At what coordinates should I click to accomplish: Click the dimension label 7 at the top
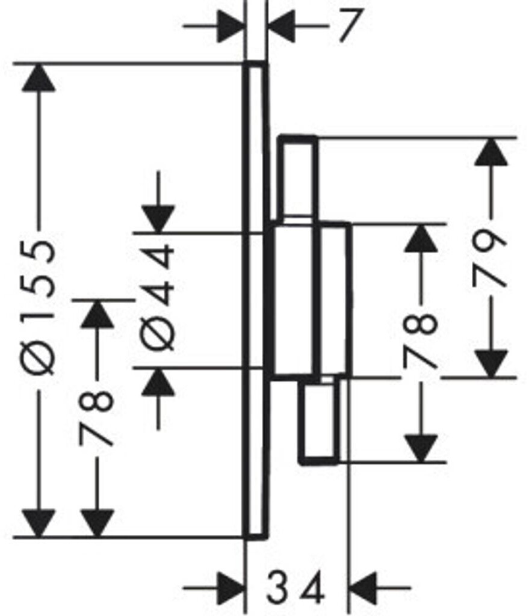pos(349,25)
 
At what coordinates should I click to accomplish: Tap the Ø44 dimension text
pos(158,297)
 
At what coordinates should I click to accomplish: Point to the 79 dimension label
pos(489,257)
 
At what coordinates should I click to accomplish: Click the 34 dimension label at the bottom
pos(295,588)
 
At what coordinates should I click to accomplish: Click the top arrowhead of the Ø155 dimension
pos(38,77)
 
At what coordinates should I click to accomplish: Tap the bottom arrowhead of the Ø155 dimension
pos(38,523)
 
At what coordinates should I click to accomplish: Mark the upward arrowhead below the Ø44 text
pos(158,382)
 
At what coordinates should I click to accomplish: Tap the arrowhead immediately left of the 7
pos(282,26)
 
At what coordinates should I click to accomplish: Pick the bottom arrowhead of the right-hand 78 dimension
pos(421,448)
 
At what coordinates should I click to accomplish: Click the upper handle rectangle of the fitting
pos(297,176)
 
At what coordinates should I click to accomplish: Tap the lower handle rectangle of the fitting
pos(319,420)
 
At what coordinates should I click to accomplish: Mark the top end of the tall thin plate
pos(255,63)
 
